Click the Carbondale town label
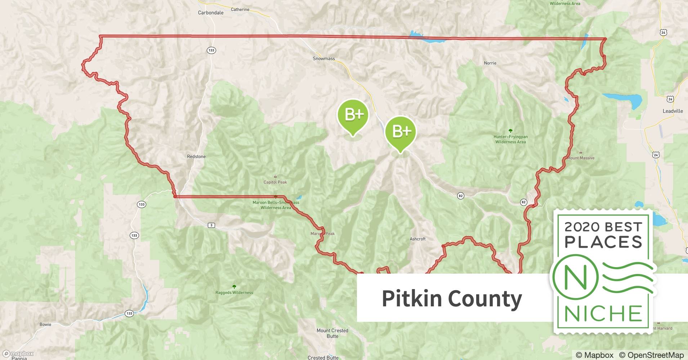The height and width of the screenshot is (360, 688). coord(211,13)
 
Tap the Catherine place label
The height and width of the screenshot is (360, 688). coord(240,9)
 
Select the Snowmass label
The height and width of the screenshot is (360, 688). coord(323,59)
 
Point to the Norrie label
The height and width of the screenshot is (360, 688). coord(490,63)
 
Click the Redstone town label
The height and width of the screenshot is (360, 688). coord(196,157)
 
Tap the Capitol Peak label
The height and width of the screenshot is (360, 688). coord(275,182)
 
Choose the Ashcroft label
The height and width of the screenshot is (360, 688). coord(417,239)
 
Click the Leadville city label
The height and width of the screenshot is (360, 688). coord(673,111)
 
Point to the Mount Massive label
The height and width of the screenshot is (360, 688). coord(581,158)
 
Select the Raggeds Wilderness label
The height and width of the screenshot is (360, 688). coord(234,293)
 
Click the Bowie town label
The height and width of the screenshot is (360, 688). coord(45,324)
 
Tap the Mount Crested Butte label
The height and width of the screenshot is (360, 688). coord(332,333)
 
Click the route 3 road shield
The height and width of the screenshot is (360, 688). coord(211,225)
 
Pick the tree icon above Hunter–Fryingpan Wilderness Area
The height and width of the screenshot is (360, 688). coord(510,131)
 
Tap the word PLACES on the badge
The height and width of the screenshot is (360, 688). coord(603,242)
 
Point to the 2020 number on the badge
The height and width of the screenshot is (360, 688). coord(582,227)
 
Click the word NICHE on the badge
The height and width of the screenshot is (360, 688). coord(603,314)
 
